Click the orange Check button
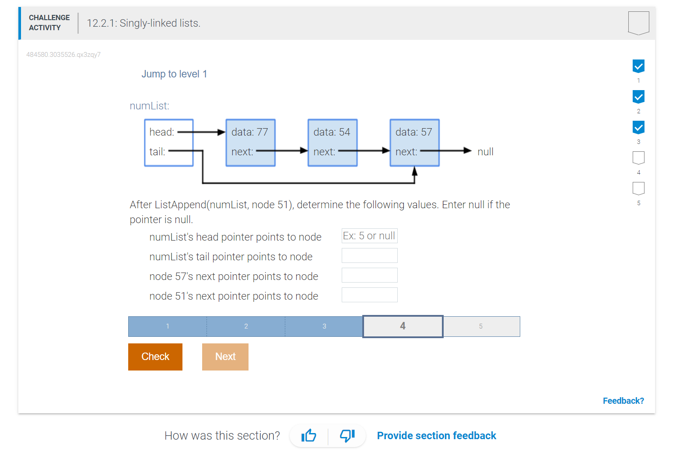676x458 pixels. (x=155, y=357)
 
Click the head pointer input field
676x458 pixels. (x=369, y=236)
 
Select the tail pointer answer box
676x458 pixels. (x=369, y=255)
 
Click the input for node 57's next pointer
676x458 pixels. (x=369, y=275)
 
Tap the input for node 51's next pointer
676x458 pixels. (x=369, y=295)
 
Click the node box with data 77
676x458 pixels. (x=250, y=143)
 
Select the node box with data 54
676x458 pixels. (x=333, y=143)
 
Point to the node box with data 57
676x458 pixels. (x=415, y=143)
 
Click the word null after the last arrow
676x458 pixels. (x=485, y=151)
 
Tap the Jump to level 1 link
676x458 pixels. (x=174, y=74)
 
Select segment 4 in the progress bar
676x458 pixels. (x=403, y=326)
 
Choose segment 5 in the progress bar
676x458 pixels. (x=481, y=326)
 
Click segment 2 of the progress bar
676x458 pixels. (x=246, y=326)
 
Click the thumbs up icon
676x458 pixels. (x=309, y=435)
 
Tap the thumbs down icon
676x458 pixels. (x=347, y=435)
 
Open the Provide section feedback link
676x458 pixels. (x=436, y=435)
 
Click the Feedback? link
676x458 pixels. (x=623, y=401)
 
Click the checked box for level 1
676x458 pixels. (x=638, y=66)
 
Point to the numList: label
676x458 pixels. (x=149, y=106)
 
